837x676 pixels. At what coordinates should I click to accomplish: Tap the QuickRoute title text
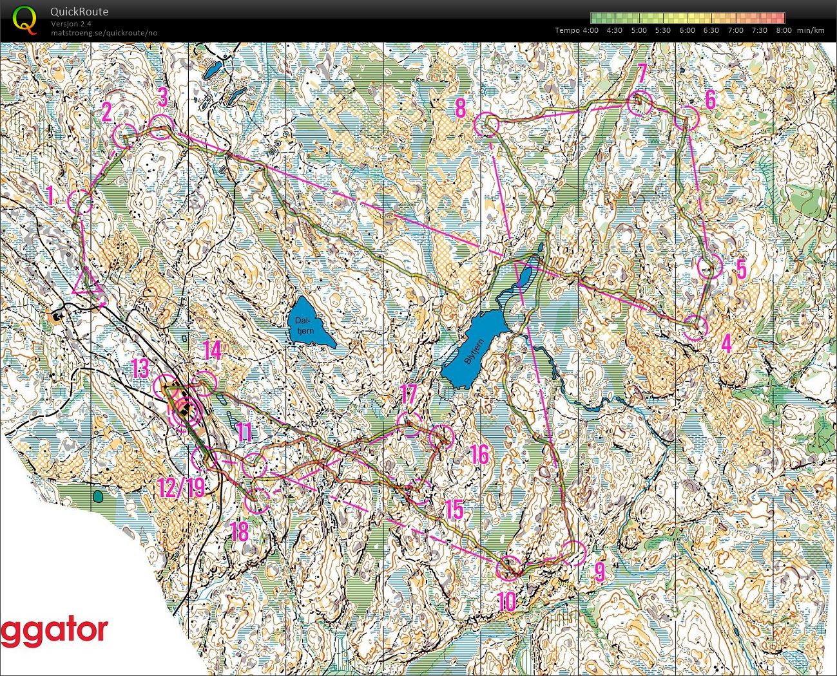tap(80, 12)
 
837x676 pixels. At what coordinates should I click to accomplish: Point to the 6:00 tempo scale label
tap(687, 30)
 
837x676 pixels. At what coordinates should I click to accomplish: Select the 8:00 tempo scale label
tap(784, 30)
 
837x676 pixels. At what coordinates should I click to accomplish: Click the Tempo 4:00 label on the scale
tap(577, 30)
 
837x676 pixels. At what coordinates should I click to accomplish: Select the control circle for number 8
tap(486, 124)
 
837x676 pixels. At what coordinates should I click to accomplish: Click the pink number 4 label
tap(726, 344)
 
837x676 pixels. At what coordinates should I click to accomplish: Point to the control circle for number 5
tap(709, 267)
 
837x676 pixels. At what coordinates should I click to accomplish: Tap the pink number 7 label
tap(642, 73)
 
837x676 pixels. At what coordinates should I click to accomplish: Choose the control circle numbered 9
tap(573, 553)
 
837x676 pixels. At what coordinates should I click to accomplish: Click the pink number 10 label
tap(507, 601)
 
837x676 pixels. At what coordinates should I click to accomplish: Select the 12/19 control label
tap(181, 487)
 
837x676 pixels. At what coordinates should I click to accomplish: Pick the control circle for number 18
tap(258, 500)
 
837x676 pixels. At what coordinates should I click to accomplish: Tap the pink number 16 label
tap(479, 455)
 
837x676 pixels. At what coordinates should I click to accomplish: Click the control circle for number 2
tap(124, 136)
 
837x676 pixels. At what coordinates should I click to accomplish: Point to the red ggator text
tap(54, 631)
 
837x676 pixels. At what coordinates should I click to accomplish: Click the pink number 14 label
tap(212, 351)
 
